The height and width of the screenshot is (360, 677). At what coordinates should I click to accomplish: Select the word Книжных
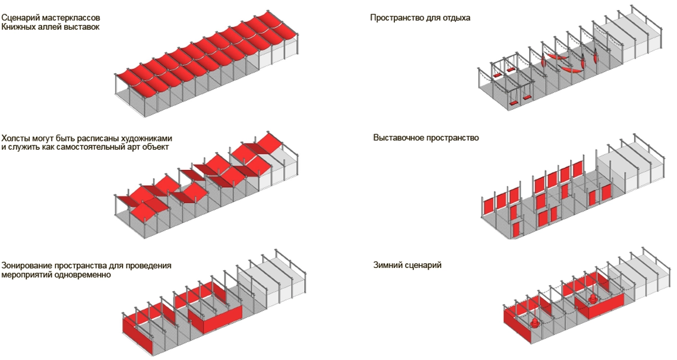[x=18, y=27]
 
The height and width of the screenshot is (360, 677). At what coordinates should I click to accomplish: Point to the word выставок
[x=81, y=27]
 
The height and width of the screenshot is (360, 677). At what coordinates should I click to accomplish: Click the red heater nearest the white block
[x=593, y=298]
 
